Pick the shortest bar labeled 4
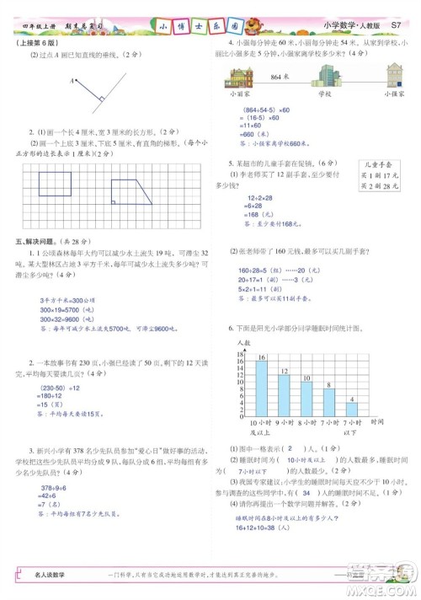[352, 408]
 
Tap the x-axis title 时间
[376, 421]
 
